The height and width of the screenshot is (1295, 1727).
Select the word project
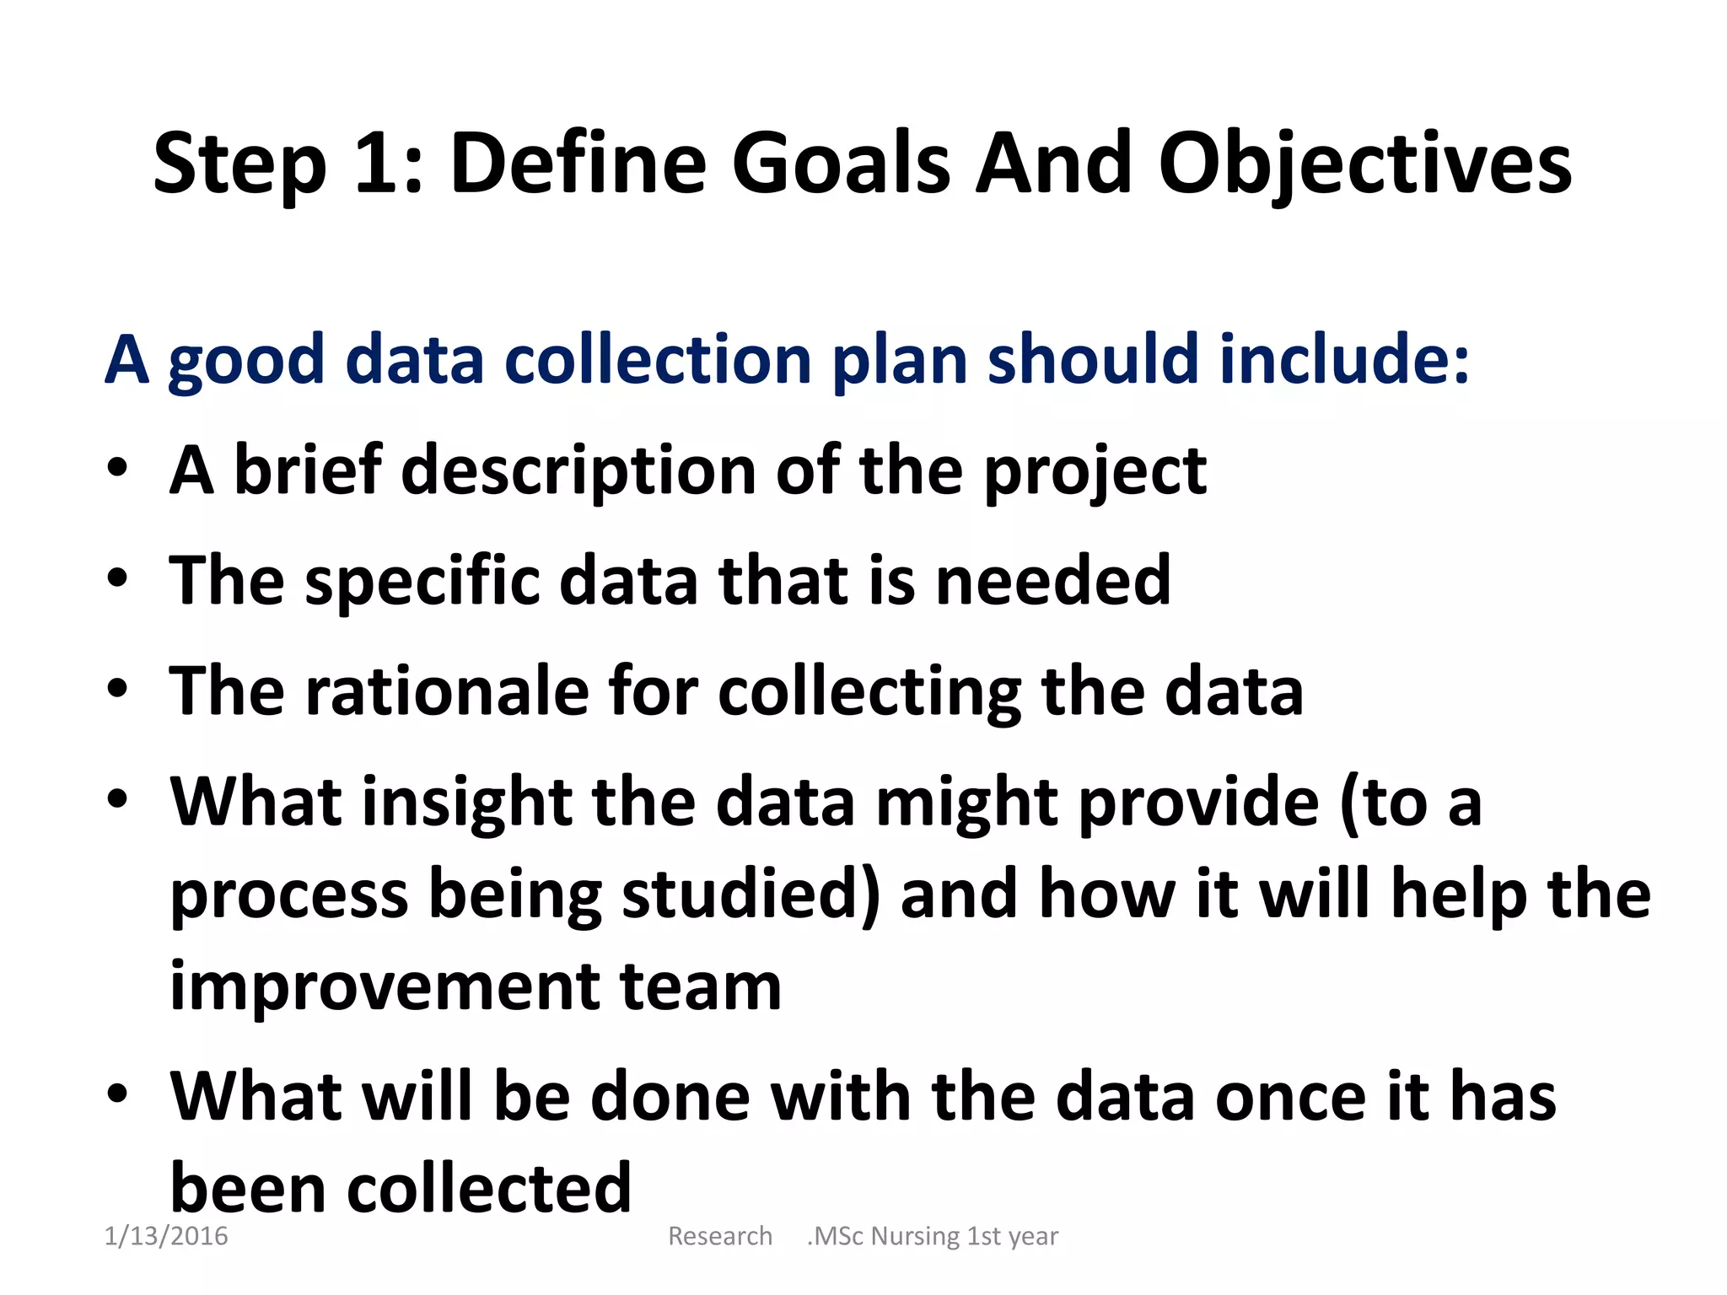click(x=1095, y=473)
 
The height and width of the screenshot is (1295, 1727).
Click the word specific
click(x=422, y=582)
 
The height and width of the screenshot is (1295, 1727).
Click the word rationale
click(x=446, y=690)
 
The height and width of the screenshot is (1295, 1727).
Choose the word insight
click(x=468, y=803)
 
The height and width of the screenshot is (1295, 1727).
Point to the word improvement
click(x=385, y=987)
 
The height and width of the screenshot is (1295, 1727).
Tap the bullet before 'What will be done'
click(x=117, y=1093)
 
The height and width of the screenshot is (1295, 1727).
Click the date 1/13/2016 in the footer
click(x=166, y=1236)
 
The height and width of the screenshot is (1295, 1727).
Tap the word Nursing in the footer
click(x=915, y=1237)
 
